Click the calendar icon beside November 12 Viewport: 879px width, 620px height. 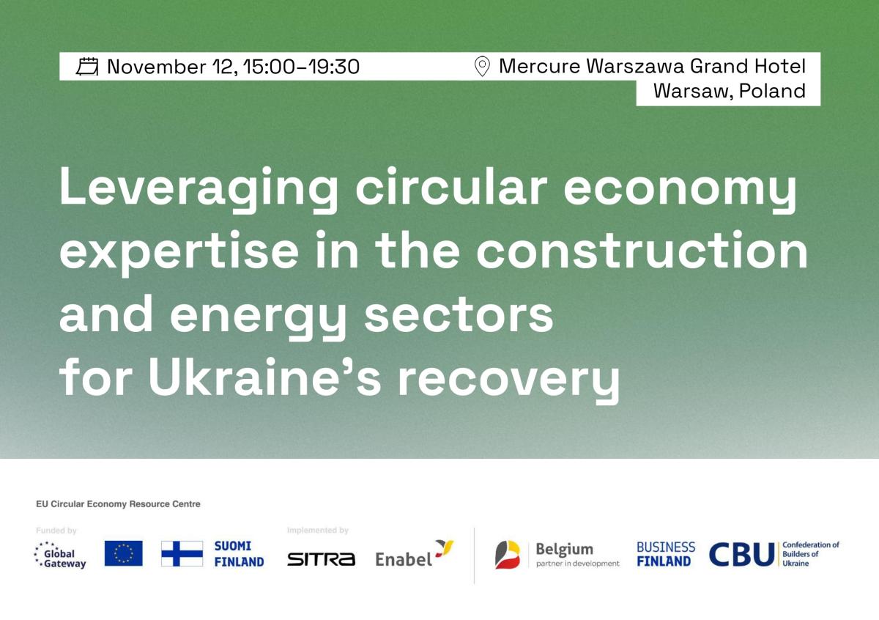point(87,67)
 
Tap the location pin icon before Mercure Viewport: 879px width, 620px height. point(482,67)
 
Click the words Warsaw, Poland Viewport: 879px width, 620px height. point(729,91)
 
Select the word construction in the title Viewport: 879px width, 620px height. point(642,251)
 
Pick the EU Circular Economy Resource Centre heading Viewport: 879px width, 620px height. point(118,504)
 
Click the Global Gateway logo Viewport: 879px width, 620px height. point(60,554)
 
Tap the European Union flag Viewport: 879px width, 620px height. point(123,553)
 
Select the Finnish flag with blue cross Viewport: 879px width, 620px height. point(182,553)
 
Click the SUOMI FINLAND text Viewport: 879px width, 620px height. point(239,554)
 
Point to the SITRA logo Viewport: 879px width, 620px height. point(321,559)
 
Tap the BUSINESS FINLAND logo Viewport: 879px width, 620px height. point(665,554)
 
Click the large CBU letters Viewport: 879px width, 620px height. point(741,555)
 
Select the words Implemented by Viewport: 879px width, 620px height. point(318,530)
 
